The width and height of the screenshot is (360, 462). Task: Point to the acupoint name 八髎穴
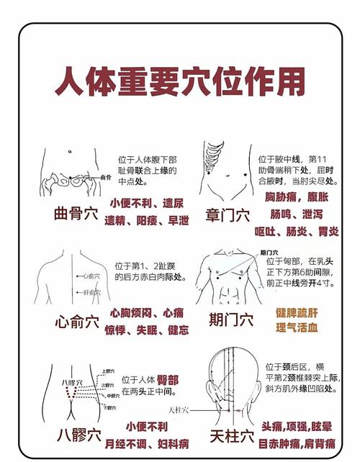(78, 435)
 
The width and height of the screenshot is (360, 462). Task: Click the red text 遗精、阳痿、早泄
(147, 219)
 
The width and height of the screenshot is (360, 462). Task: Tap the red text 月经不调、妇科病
(147, 443)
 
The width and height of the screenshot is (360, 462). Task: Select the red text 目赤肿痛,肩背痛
(301, 443)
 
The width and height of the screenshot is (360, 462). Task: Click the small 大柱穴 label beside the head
(179, 410)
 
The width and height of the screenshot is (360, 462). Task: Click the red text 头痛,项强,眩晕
(301, 426)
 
